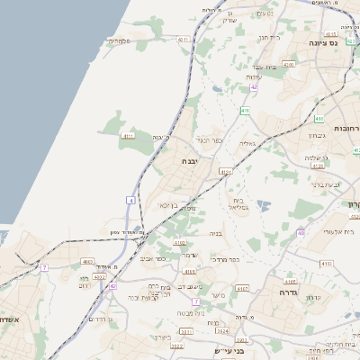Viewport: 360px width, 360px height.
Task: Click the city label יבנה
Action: [x=189, y=162]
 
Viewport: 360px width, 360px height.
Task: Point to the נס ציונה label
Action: [x=322, y=42]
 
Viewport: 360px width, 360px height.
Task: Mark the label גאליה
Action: [x=248, y=143]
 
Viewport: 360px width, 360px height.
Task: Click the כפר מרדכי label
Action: [x=224, y=259]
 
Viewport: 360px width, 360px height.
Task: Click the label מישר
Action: [x=218, y=295]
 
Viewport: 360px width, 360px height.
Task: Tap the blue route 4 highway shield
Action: [x=131, y=199]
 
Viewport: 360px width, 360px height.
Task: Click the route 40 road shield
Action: [x=301, y=233]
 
